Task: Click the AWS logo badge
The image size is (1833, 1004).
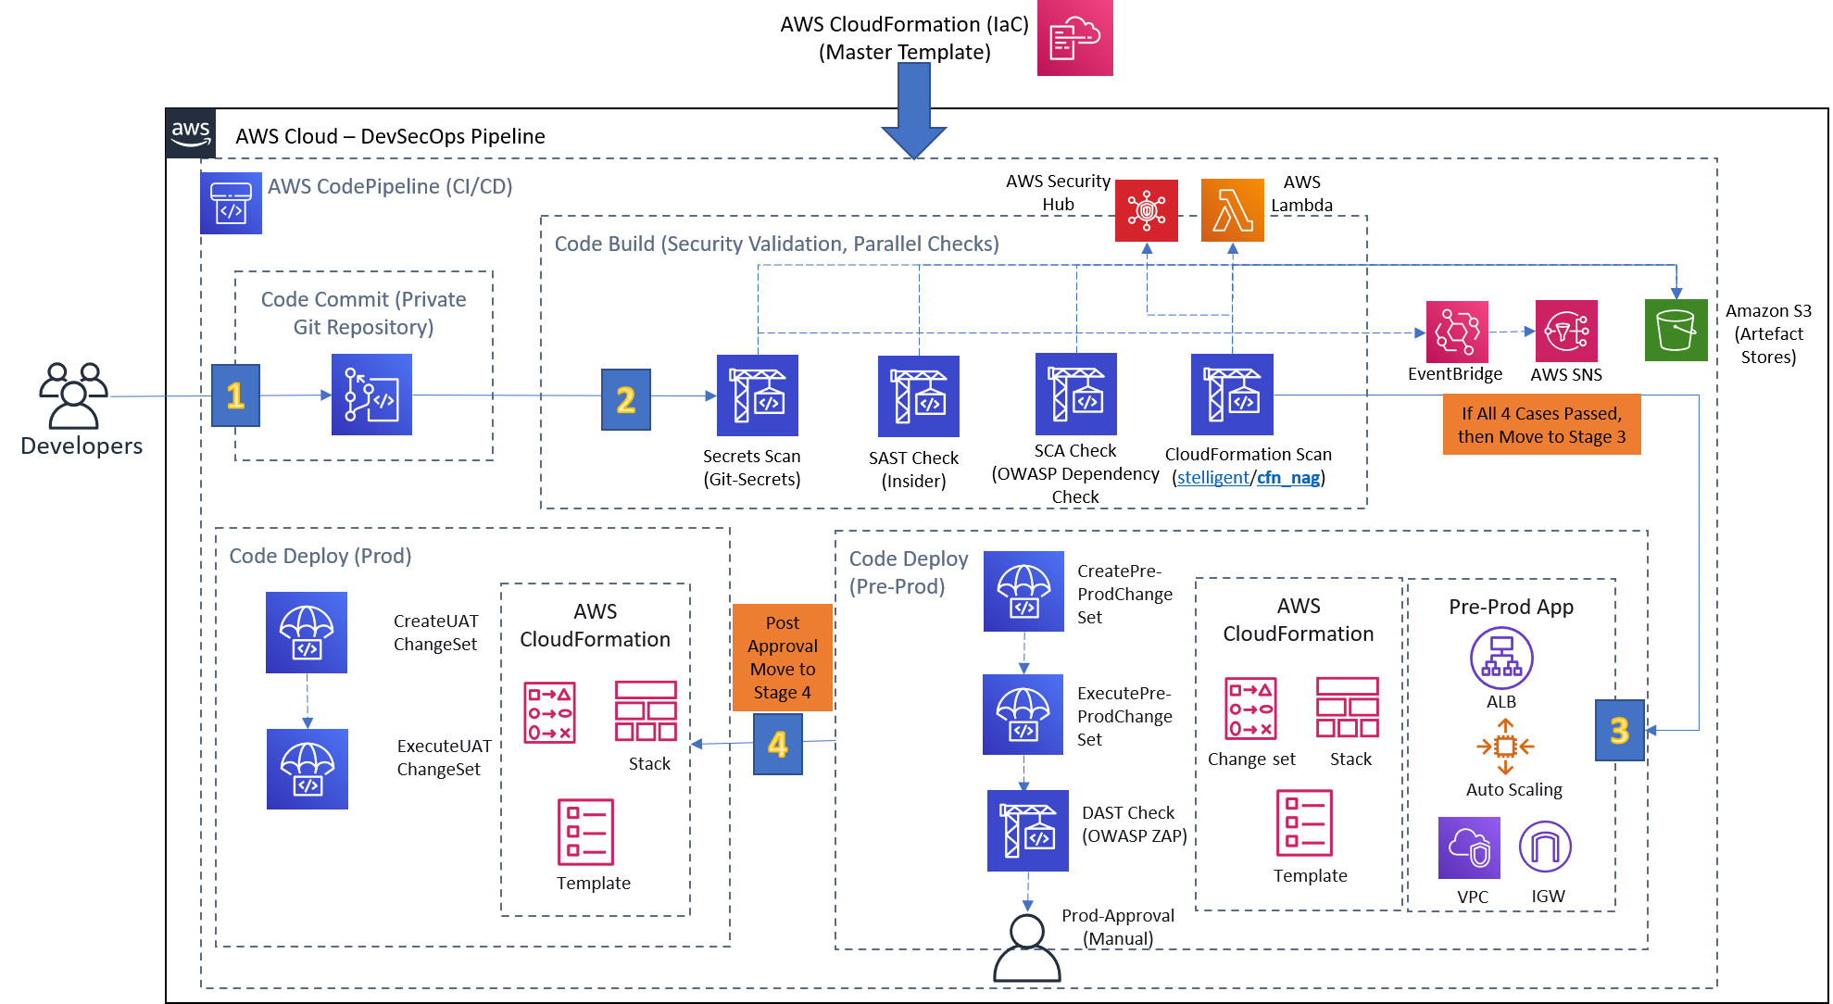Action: [191, 132]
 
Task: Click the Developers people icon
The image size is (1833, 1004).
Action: [74, 395]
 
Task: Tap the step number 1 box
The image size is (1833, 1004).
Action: [235, 395]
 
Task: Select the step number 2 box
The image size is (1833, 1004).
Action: [626, 399]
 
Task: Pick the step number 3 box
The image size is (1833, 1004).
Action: [1619, 731]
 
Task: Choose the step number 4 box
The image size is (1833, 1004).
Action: [778, 744]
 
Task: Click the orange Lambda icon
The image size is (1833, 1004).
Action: [1232, 210]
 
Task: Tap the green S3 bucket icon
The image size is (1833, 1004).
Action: [1676, 330]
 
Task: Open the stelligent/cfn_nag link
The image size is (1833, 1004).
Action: [1248, 478]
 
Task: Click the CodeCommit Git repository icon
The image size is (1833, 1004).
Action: [371, 395]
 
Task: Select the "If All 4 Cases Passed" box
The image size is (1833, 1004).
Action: [1541, 424]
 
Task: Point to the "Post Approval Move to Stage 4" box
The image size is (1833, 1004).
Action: [783, 658]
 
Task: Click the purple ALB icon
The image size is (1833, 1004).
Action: [1501, 658]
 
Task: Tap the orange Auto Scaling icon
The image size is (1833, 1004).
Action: [1505, 746]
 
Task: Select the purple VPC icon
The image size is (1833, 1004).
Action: [1469, 847]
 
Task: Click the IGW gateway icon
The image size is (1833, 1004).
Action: [1545, 847]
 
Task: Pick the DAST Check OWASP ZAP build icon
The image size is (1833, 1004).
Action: [1027, 831]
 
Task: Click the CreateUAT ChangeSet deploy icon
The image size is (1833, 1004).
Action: [307, 633]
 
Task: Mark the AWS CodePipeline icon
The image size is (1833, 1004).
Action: [231, 203]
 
